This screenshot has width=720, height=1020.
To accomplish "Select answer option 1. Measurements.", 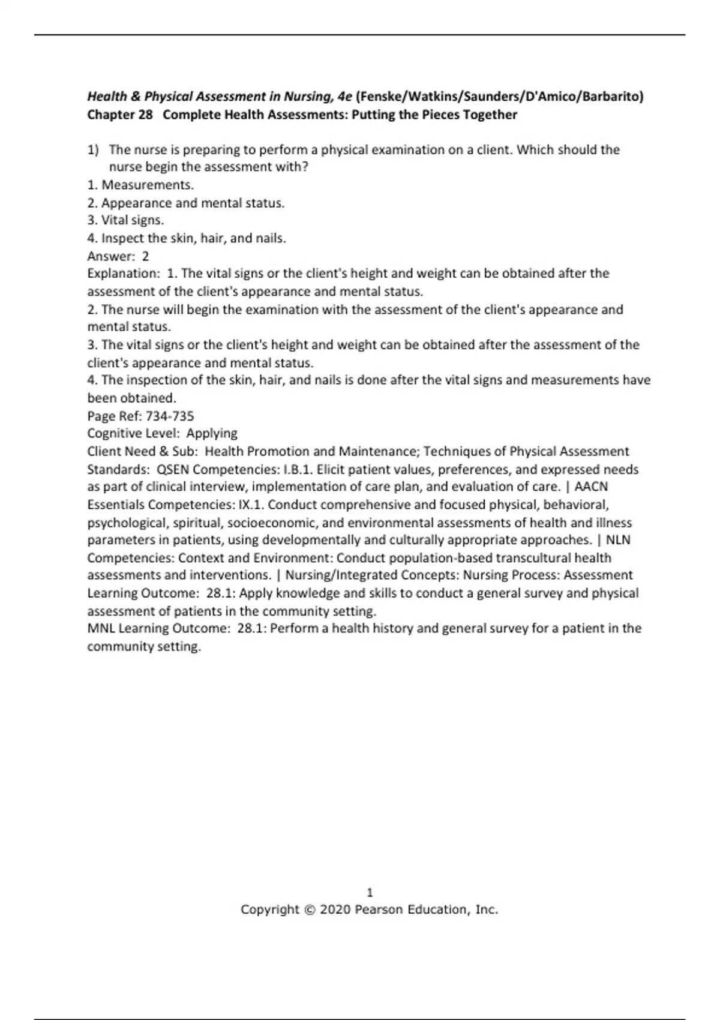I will click(x=140, y=185).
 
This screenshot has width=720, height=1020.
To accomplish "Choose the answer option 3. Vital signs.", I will click(x=125, y=220).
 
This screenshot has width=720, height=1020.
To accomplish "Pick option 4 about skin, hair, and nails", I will click(x=187, y=238).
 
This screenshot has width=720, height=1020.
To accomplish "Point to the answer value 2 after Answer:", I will click(x=145, y=256).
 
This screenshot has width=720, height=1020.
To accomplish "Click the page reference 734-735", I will click(x=170, y=416).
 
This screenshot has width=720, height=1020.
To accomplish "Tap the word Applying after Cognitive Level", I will click(x=212, y=433).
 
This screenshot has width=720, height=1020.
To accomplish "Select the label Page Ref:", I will click(x=115, y=416).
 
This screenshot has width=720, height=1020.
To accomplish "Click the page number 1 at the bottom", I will click(x=370, y=892).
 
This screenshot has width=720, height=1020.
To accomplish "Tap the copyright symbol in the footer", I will click(x=309, y=910).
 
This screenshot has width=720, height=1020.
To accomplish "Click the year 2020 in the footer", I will click(x=335, y=910).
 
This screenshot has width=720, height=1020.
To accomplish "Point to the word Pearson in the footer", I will click(x=379, y=910).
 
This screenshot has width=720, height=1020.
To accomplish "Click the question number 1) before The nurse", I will click(x=93, y=149).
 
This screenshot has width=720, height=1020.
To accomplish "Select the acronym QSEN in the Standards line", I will click(x=173, y=469).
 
